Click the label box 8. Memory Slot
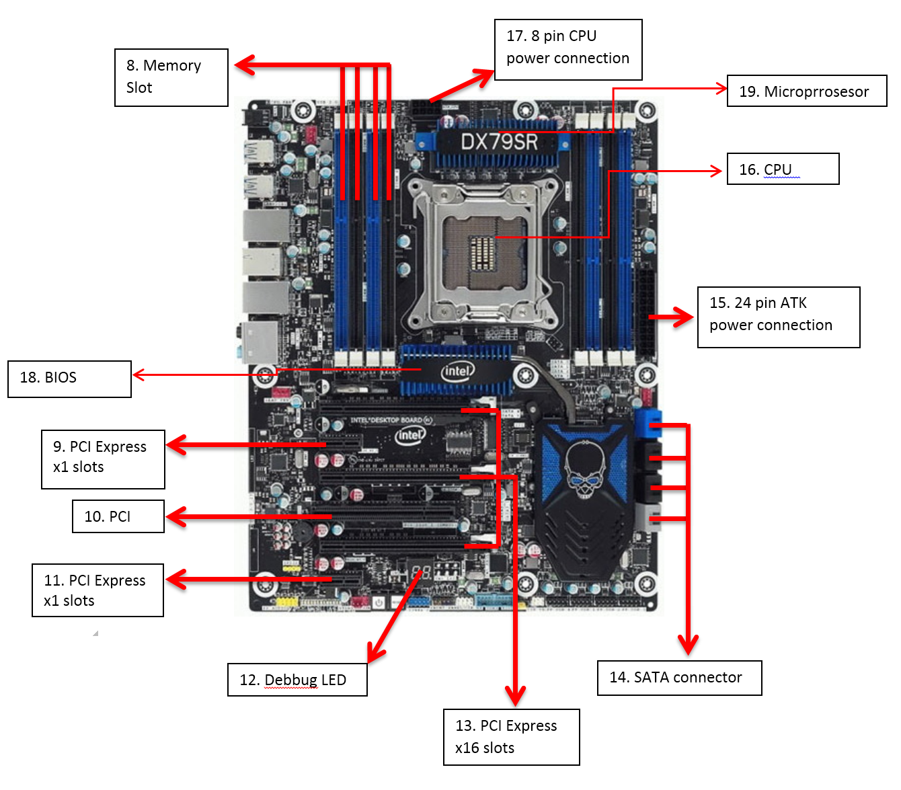point(171,77)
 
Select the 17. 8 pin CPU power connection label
point(568,50)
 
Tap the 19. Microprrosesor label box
point(807,91)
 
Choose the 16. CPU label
point(783,169)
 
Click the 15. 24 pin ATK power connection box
point(779,317)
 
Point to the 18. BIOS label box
point(69,379)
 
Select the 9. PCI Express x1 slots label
point(103,459)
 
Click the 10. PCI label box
point(118,516)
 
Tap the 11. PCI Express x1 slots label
point(97,590)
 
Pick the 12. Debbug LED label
point(297,680)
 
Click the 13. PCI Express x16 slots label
point(511,737)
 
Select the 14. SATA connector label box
point(679,678)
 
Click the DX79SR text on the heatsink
point(499,142)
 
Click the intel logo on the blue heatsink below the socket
point(457,370)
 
